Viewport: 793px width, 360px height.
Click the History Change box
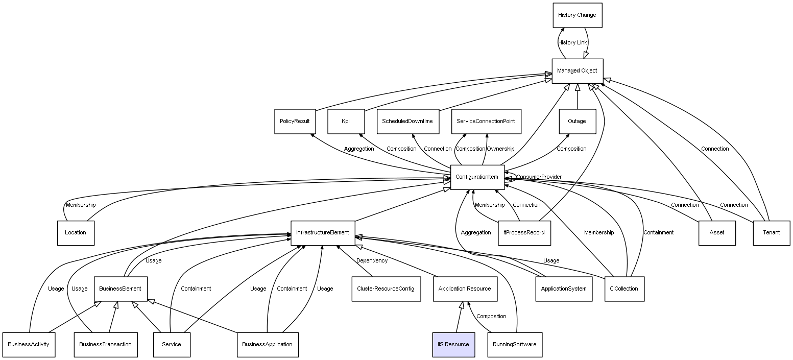click(x=577, y=15)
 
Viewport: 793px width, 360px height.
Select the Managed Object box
click(x=577, y=71)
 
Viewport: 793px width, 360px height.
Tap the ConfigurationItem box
click(x=477, y=177)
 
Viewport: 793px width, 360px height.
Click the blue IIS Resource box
click(x=453, y=345)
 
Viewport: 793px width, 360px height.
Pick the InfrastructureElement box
click(x=322, y=233)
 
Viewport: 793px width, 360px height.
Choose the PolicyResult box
click(x=295, y=122)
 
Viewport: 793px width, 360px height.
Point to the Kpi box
click(x=346, y=122)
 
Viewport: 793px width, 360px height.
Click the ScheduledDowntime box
click(x=407, y=122)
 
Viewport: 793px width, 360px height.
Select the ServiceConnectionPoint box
click(x=486, y=122)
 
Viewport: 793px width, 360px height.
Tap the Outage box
click(x=577, y=122)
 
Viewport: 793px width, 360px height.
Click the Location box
click(x=76, y=233)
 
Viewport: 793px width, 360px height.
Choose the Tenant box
click(x=771, y=233)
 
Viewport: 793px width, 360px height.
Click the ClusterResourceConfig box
click(x=386, y=289)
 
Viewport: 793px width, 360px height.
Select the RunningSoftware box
click(x=514, y=345)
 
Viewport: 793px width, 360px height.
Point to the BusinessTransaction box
click(x=105, y=345)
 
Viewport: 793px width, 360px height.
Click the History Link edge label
click(x=572, y=43)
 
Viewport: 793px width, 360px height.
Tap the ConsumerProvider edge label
click(x=539, y=177)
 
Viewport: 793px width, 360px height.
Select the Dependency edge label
click(x=372, y=261)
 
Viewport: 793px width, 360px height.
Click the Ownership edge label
click(x=500, y=149)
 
